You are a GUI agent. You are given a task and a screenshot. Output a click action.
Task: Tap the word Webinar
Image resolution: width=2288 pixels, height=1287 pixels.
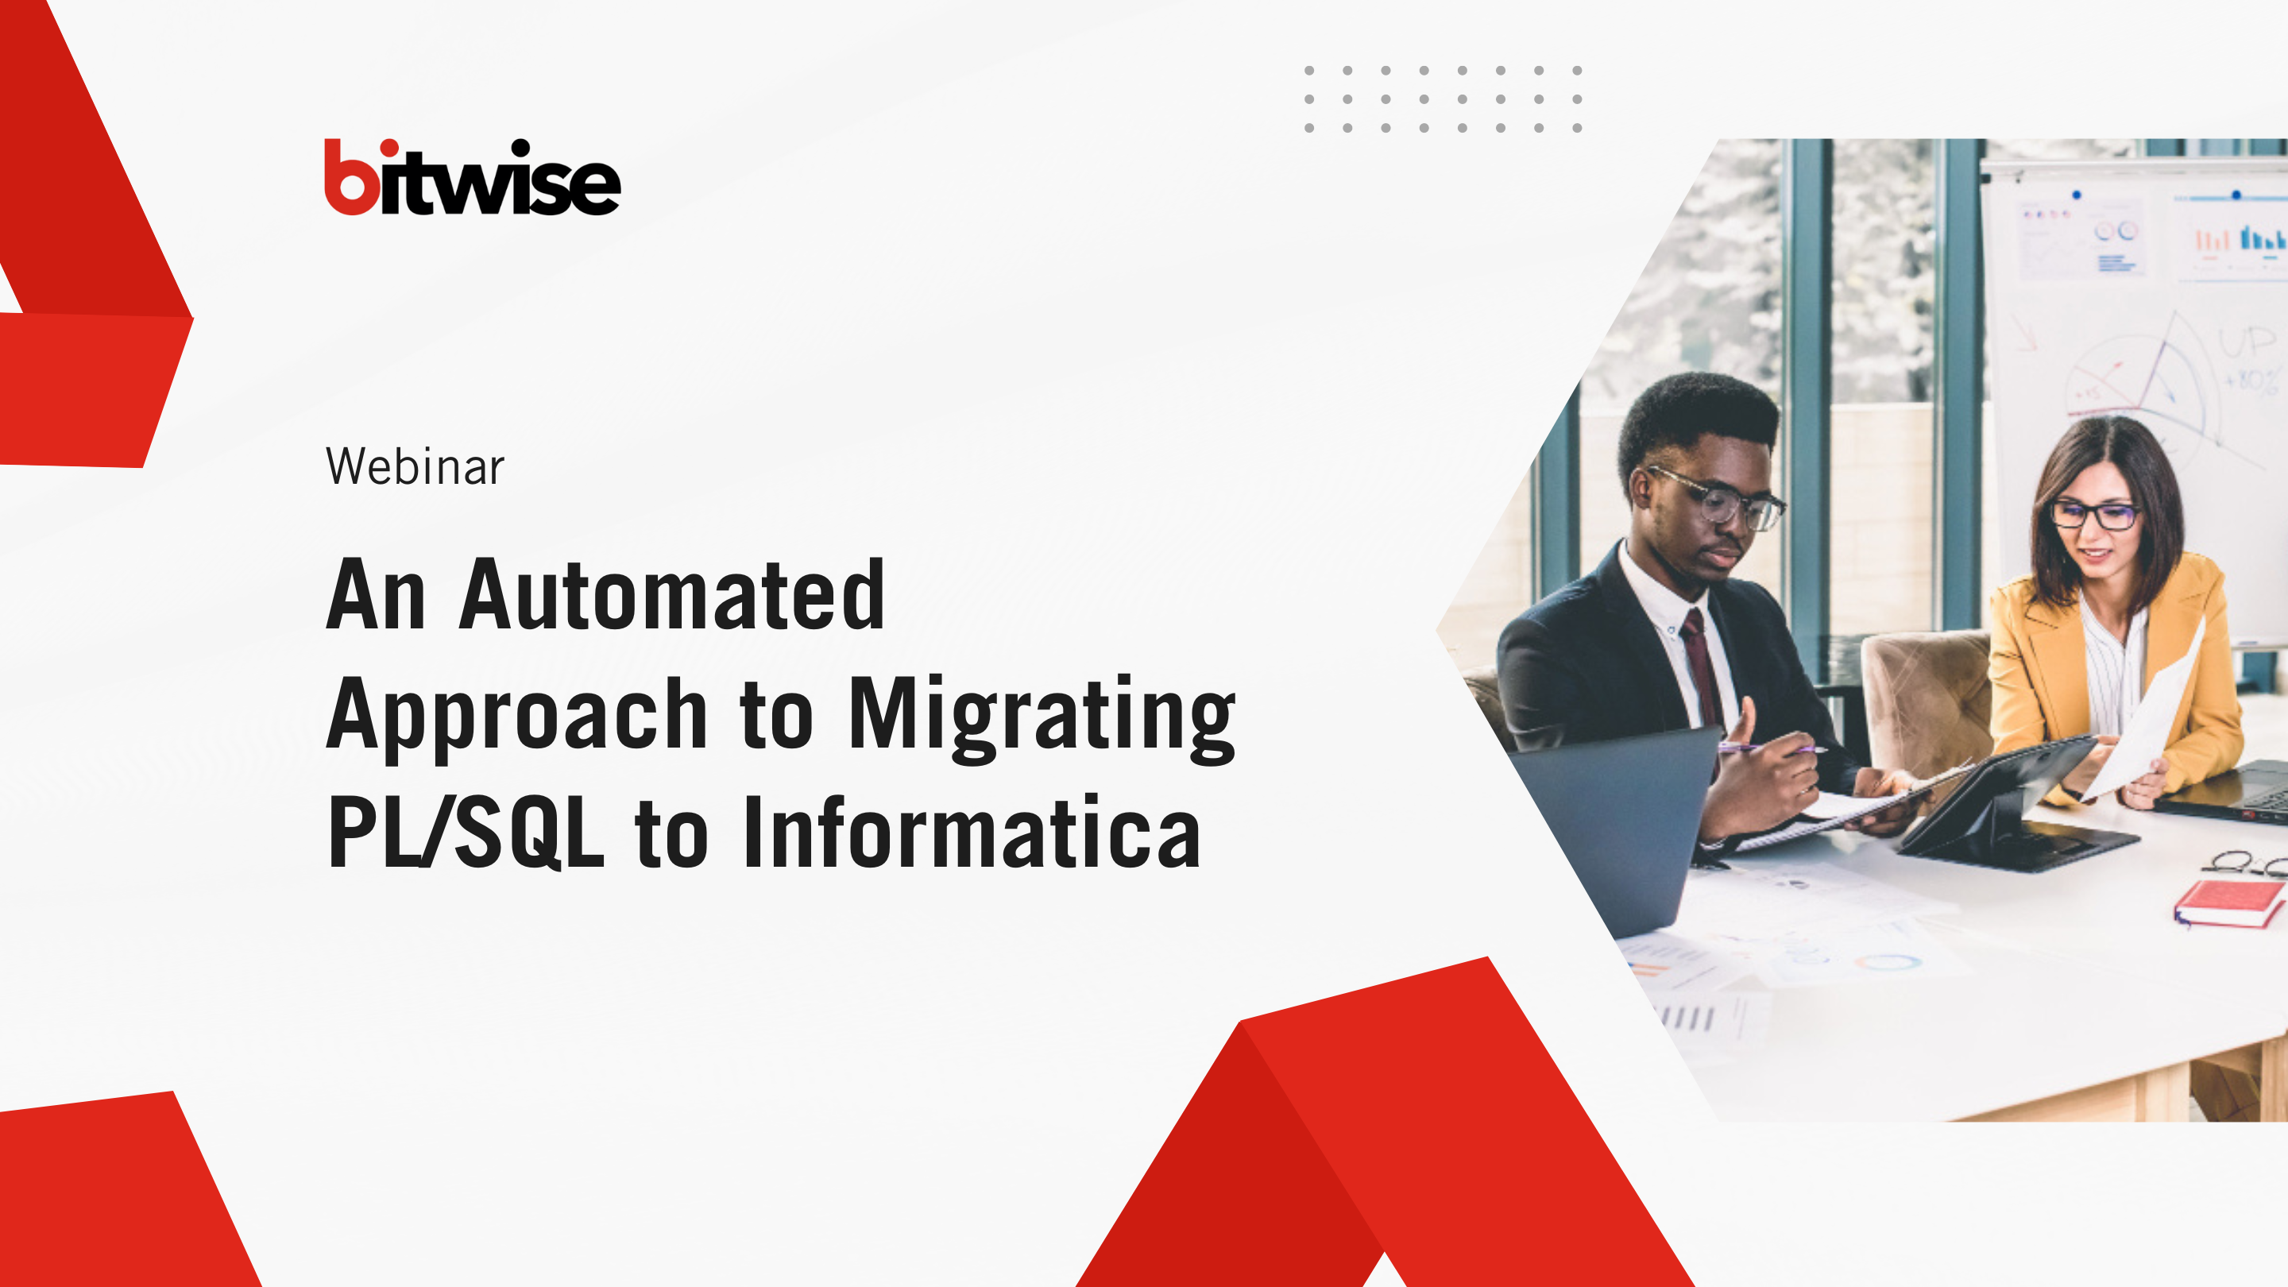click(415, 466)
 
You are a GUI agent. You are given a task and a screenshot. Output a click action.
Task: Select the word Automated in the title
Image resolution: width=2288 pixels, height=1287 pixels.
click(671, 594)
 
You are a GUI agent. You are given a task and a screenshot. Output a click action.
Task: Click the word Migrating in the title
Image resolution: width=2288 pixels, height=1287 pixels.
click(1042, 717)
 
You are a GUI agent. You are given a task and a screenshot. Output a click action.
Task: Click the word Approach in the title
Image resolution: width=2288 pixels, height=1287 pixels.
click(517, 718)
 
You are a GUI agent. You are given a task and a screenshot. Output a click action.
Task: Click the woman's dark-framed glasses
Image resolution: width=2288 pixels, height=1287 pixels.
click(2095, 514)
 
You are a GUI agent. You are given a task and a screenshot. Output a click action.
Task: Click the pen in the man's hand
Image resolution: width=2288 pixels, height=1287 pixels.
click(1772, 748)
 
